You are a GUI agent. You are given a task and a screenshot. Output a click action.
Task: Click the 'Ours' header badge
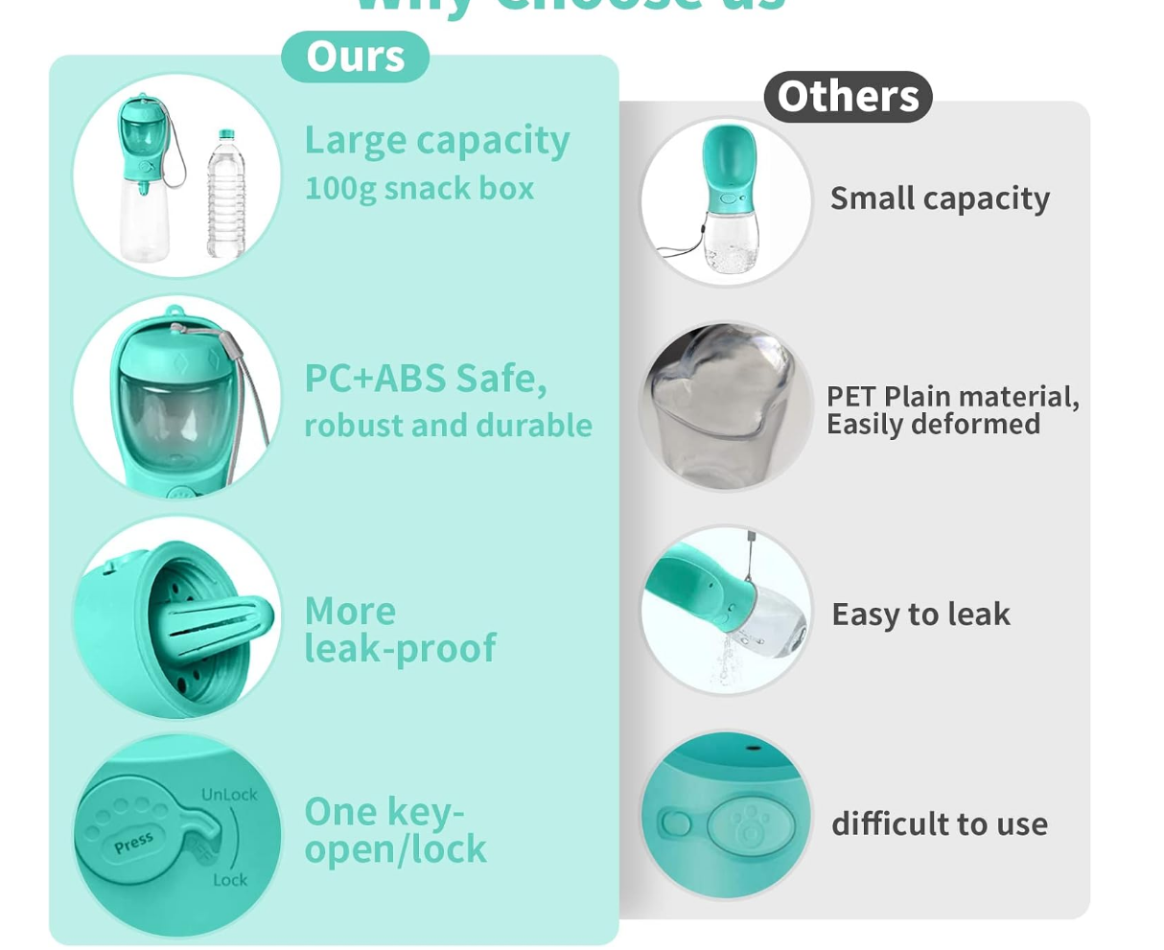tap(355, 57)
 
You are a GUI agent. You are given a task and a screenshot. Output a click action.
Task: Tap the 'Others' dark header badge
tap(848, 96)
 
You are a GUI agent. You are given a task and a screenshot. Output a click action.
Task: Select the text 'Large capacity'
tap(437, 141)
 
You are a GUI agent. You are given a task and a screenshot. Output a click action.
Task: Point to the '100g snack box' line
tap(419, 188)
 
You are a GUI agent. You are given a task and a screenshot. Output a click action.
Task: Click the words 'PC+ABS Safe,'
tap(426, 379)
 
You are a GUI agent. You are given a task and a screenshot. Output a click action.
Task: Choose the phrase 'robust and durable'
tap(448, 425)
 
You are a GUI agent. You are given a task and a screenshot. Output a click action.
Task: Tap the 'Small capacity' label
tap(940, 198)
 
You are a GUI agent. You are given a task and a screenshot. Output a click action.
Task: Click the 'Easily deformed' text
tap(933, 424)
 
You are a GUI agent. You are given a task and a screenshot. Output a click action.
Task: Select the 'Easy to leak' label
tap(920, 614)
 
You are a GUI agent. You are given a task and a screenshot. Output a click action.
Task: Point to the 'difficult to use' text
tap(940, 823)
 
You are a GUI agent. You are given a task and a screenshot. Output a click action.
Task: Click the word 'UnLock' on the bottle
tap(229, 795)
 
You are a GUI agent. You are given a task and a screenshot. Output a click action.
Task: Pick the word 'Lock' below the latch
tap(230, 880)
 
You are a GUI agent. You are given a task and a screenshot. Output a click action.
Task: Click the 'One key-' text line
tap(384, 812)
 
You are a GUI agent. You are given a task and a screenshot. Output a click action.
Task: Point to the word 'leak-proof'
tap(400, 649)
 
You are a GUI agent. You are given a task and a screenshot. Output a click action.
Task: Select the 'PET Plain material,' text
tap(952, 397)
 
